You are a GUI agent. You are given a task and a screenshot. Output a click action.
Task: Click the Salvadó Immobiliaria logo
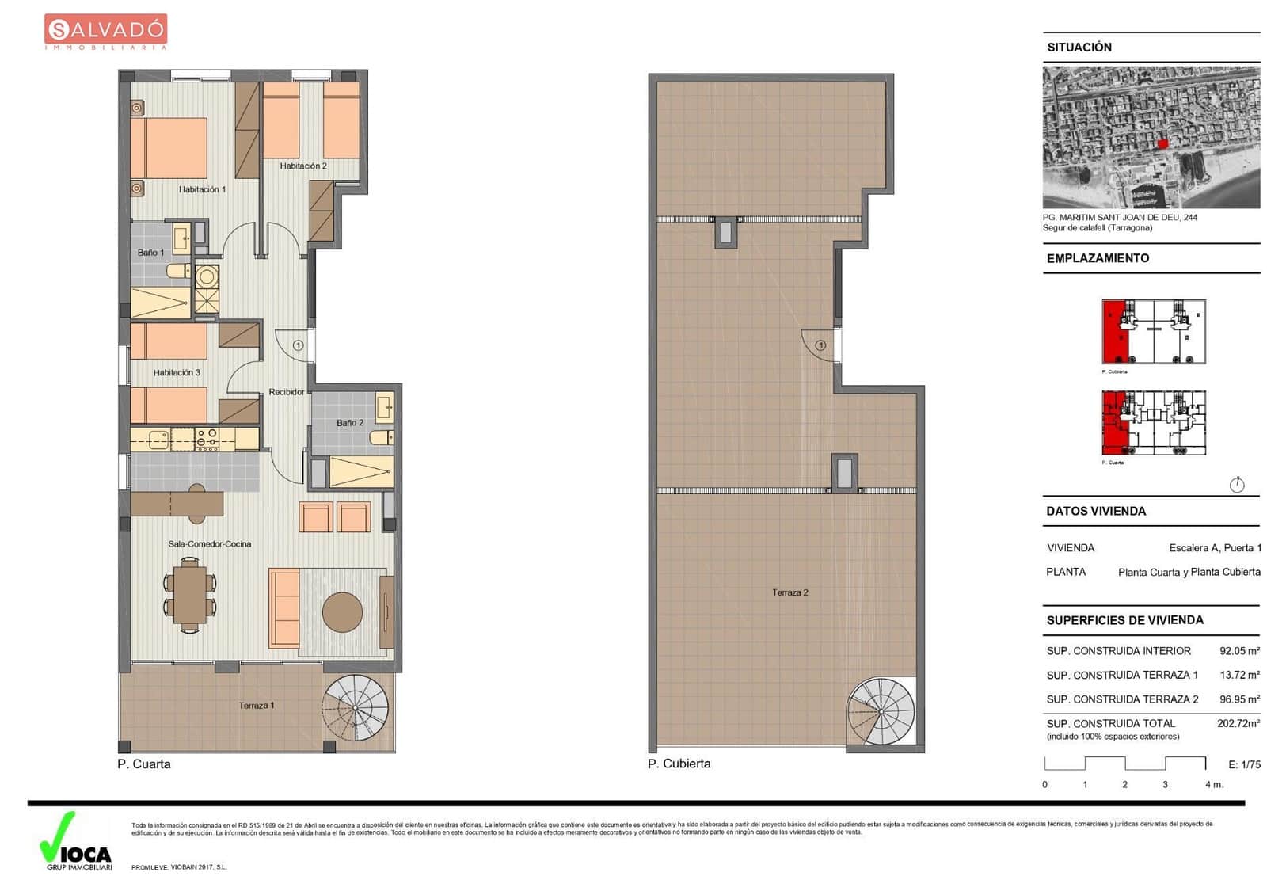pos(105,32)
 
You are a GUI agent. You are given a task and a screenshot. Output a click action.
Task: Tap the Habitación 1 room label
pos(202,189)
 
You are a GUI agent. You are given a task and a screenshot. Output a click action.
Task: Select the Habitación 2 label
pos(302,166)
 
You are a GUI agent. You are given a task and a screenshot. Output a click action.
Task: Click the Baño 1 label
pos(150,253)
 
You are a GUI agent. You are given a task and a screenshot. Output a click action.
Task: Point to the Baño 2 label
pos(349,423)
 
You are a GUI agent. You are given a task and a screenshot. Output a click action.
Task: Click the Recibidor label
pos(286,392)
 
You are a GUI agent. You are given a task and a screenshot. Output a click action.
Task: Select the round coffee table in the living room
pos(342,612)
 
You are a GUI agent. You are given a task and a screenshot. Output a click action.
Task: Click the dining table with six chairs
pos(190,594)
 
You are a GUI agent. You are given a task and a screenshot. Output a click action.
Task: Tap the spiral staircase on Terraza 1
pos(355,707)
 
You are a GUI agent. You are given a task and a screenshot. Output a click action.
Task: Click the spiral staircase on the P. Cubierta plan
pos(881,710)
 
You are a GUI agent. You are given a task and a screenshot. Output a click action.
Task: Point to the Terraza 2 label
pos(789,592)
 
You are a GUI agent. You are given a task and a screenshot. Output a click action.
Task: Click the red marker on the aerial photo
pos(1162,143)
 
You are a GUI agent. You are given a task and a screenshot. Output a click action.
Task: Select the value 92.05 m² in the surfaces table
pos(1238,651)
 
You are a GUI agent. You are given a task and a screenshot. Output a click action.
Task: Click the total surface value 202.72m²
pos(1238,723)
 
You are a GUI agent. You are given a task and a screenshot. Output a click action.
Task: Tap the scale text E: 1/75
pos(1244,764)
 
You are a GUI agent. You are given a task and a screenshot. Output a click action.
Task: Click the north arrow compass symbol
pos(1236,485)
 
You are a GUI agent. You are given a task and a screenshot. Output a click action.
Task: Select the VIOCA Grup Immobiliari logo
pos(76,842)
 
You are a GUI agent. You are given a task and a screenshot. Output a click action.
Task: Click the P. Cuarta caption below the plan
pos(144,764)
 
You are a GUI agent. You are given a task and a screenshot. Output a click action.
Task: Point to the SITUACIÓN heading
pos(1079,48)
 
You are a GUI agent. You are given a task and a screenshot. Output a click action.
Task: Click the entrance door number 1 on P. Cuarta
pos(299,345)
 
